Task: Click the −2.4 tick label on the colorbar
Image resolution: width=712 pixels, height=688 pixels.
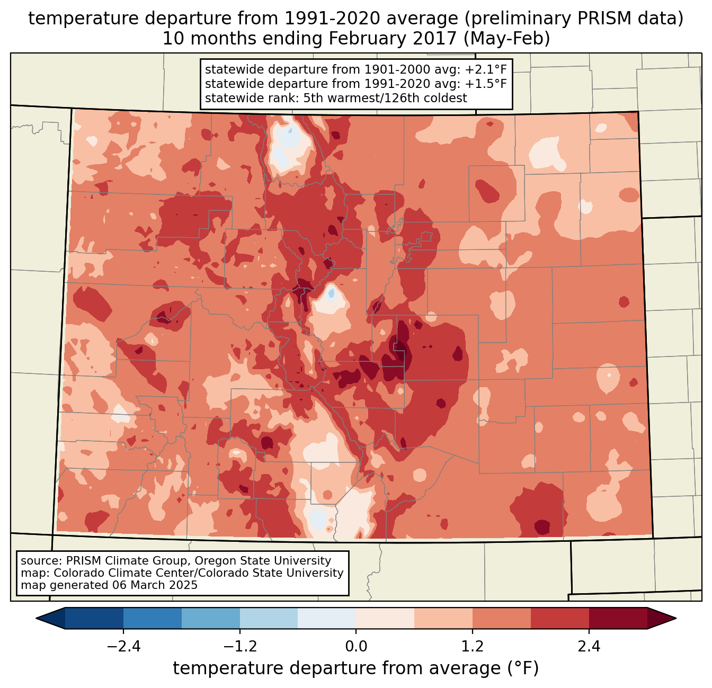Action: tap(123, 647)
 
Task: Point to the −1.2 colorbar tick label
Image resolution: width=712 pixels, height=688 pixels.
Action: tap(239, 647)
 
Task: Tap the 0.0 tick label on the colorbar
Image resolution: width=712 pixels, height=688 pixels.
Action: tap(356, 647)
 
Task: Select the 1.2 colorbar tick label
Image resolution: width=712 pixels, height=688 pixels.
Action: tap(473, 647)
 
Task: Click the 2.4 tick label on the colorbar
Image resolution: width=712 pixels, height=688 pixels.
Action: tap(589, 647)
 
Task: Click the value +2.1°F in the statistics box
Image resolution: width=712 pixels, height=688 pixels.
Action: tap(486, 70)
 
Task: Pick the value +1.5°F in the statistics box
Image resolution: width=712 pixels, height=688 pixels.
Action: tap(486, 84)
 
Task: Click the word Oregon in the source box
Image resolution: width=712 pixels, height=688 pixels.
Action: tap(217, 561)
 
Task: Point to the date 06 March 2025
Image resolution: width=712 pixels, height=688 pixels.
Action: tap(155, 585)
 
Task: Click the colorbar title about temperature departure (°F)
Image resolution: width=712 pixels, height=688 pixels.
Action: tap(356, 668)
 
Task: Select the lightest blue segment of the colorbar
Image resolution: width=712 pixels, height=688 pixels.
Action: tap(327, 618)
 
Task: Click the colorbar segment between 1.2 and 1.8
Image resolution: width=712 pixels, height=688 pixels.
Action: tap(502, 618)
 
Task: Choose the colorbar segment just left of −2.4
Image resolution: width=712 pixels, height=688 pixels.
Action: tap(94, 618)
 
